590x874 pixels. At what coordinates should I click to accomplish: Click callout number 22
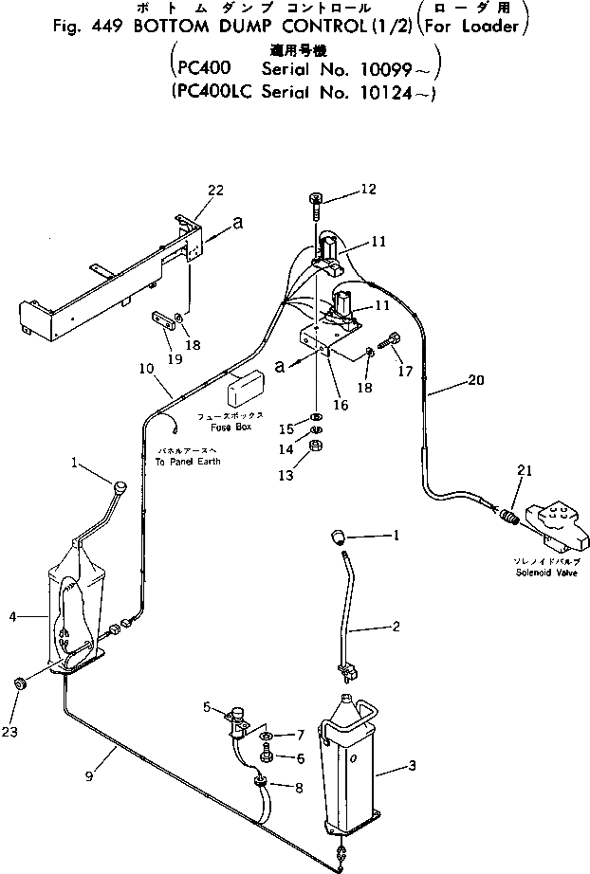pyautogui.click(x=215, y=191)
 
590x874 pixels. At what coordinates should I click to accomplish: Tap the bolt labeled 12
pyautogui.click(x=317, y=201)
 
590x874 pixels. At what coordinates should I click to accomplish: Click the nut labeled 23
pyautogui.click(x=20, y=683)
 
